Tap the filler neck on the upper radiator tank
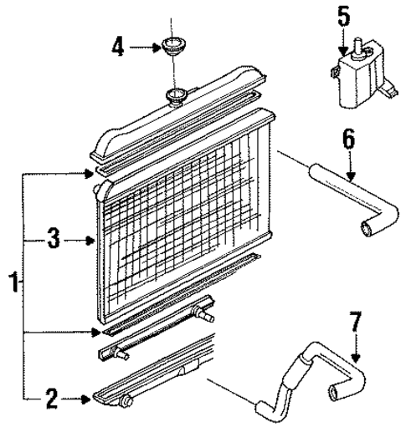176,95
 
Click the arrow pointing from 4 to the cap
144,48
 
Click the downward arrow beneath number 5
341,42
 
